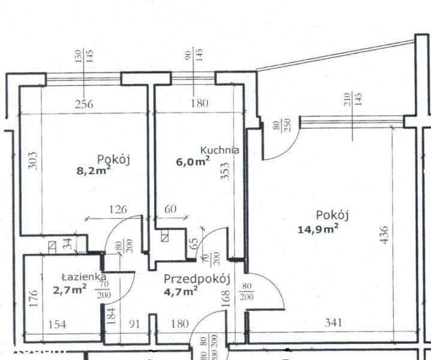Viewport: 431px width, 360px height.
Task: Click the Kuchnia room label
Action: [219, 150]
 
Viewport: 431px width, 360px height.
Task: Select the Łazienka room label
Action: [83, 277]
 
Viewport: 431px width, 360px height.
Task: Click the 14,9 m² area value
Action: [318, 227]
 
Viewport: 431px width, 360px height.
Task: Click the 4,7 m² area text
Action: [182, 292]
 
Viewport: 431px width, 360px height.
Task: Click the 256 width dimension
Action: [85, 103]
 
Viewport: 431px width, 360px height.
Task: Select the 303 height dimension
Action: [34, 160]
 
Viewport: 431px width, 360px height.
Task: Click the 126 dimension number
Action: [119, 209]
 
